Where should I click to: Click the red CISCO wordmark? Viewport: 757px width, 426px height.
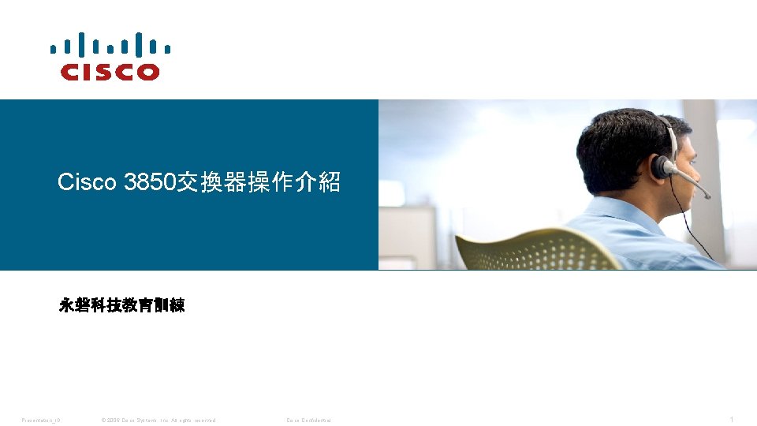(x=110, y=72)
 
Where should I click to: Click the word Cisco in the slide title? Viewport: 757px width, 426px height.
(x=88, y=183)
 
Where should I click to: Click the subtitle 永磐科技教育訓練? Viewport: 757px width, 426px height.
(x=121, y=305)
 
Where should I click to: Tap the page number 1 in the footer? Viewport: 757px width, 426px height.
(x=732, y=420)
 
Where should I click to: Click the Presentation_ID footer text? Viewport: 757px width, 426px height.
(x=41, y=420)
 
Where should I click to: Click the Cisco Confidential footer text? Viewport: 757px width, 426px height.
(x=308, y=420)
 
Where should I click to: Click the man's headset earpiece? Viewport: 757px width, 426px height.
(x=661, y=166)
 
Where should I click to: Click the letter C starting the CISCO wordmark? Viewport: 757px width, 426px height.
(x=70, y=72)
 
